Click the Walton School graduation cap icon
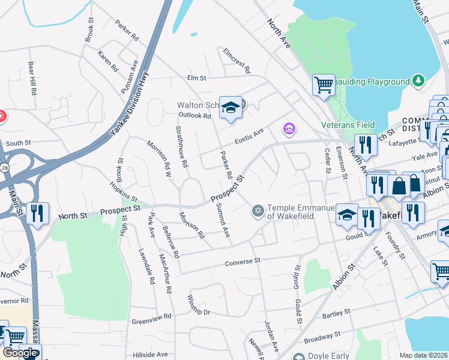point(230,108)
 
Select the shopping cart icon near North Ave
point(324,85)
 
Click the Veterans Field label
point(348,125)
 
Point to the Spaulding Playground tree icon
point(418,81)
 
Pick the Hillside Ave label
point(150,355)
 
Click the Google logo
point(19,353)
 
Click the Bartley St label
point(336,314)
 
